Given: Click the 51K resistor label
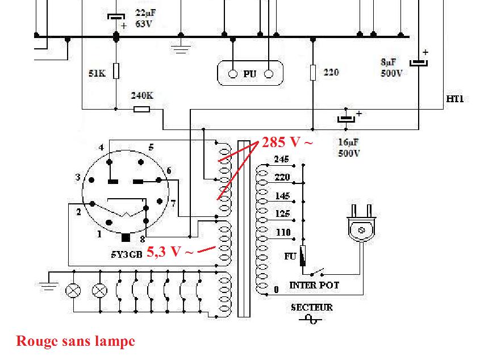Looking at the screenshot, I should [x=97, y=73].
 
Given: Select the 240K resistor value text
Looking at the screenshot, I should [x=142, y=96].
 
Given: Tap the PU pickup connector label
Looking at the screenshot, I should [x=250, y=74].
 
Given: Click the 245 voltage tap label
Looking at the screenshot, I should [x=281, y=159].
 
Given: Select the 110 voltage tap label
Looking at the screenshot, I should [x=282, y=232].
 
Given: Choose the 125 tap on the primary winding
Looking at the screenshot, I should [x=282, y=214].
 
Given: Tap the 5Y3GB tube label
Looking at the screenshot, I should [x=126, y=254].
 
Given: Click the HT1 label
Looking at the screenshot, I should [x=455, y=99].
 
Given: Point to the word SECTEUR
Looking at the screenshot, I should [x=312, y=307].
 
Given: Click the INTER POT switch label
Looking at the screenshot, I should [x=314, y=285].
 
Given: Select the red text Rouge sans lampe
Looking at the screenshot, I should [x=76, y=341].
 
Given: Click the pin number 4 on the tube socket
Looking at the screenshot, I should [x=101, y=148].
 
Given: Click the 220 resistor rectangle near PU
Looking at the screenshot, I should [x=312, y=73].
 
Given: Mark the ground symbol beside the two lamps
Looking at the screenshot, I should [x=49, y=284].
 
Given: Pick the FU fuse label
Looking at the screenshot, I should [x=290, y=256].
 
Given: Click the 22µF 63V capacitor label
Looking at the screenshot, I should [x=144, y=18].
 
